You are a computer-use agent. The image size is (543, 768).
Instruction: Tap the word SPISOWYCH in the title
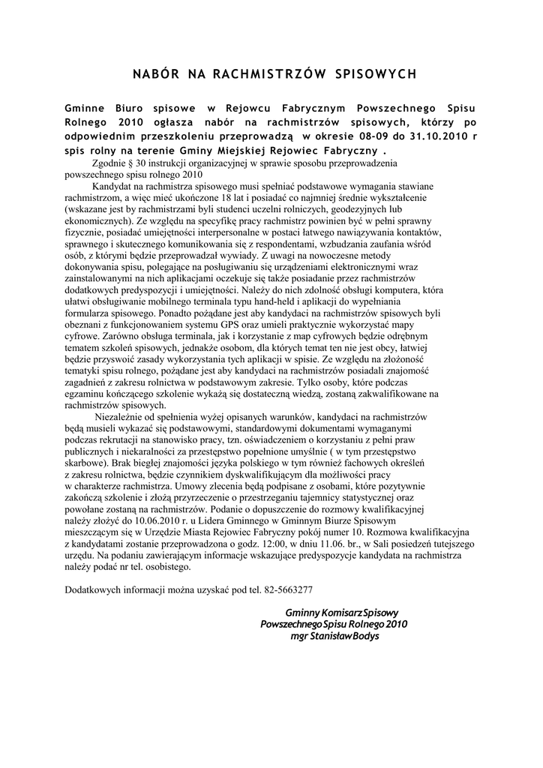pyautogui.click(x=374, y=73)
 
